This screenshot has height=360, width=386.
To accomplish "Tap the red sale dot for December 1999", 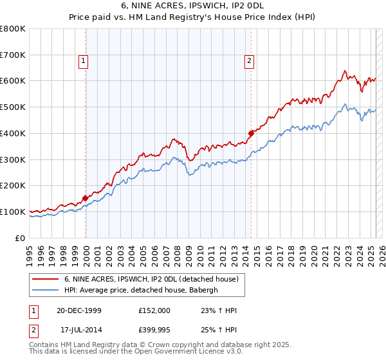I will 85,198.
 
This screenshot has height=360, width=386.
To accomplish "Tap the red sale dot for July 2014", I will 251,133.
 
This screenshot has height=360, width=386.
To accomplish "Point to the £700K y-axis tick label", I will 13,55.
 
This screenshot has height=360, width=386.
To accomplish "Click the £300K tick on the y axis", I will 13,159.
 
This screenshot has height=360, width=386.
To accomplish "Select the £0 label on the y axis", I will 21,238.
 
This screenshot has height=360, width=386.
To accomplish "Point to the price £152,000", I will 154,310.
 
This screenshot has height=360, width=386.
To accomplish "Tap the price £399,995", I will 154,331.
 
